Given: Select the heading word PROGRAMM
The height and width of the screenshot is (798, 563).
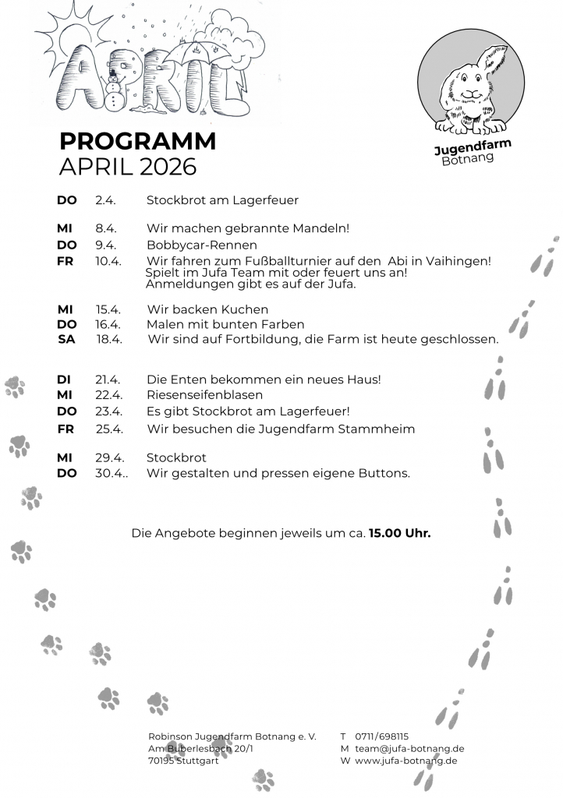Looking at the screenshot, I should (137, 142).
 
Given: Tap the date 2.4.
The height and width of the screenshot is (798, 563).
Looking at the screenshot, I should (105, 200).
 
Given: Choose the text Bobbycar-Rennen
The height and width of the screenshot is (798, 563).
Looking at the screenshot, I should (202, 245).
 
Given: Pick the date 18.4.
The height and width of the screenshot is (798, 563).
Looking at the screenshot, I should (110, 339).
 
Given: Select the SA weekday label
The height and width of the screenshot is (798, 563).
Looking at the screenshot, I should (67, 339).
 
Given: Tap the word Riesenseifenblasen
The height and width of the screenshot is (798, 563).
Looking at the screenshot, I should (204, 395).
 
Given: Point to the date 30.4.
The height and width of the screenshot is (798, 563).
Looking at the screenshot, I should (112, 473).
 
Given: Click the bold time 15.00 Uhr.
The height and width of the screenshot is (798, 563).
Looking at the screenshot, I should (400, 534).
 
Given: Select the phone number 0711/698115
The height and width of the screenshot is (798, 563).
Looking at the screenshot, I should (382, 736).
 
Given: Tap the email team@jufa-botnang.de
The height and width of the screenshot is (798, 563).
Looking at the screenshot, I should (409, 748).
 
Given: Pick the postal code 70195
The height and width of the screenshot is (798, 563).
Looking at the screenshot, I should (161, 761).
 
